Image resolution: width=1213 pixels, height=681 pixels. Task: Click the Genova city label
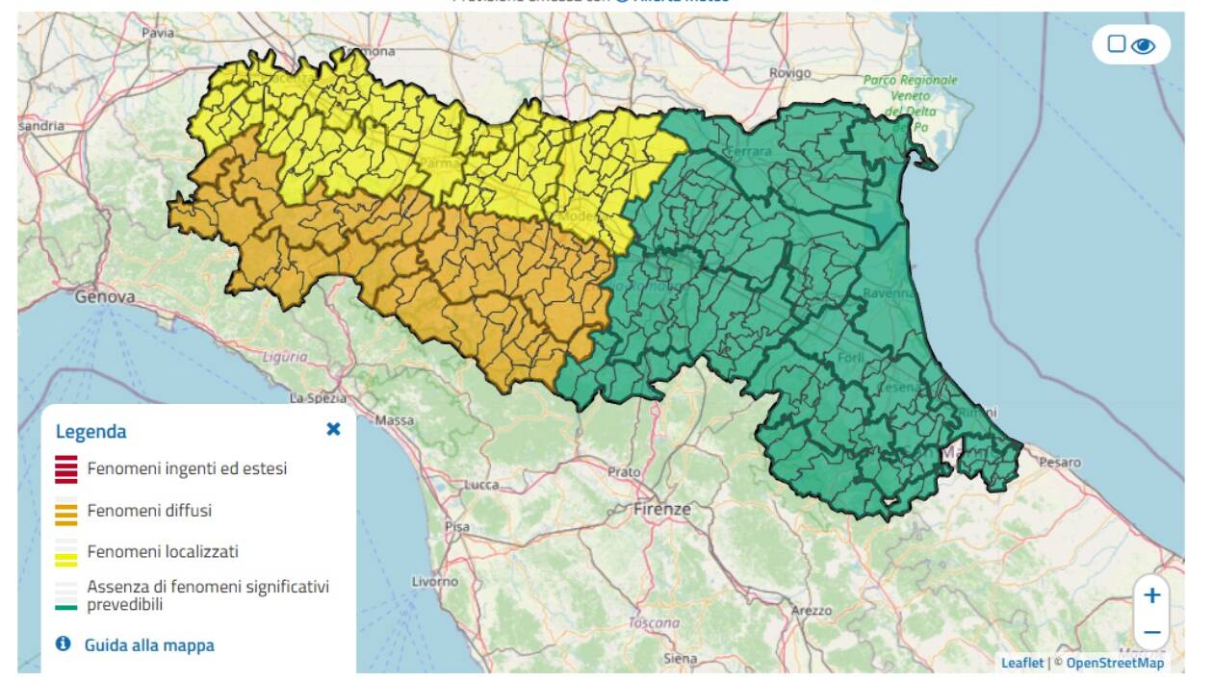tap(105, 297)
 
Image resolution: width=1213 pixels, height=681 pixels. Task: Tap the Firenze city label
tap(662, 509)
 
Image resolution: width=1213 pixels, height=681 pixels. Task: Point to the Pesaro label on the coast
tap(1060, 463)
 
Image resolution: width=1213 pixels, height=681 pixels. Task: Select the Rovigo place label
tap(790, 73)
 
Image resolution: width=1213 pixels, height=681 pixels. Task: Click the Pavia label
tap(158, 32)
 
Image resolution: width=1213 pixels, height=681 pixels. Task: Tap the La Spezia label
tap(311, 397)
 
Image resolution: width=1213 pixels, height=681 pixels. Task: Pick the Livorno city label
tap(435, 582)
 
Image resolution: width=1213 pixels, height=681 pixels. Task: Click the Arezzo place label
tap(811, 610)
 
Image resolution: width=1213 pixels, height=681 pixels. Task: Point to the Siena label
tap(680, 658)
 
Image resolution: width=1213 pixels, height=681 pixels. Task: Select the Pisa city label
tap(457, 527)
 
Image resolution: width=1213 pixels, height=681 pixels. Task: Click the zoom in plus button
tap(1151, 595)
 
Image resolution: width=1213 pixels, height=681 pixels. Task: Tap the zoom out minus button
tap(1151, 632)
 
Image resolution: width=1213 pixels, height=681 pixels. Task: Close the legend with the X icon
tap(333, 429)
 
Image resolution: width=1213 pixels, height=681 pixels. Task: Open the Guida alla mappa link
tap(149, 645)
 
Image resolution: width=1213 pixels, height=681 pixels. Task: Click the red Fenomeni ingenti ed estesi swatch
tap(66, 469)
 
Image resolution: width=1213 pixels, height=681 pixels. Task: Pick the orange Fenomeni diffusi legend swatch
tap(66, 511)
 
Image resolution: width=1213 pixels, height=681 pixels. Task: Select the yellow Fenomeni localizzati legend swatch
tap(66, 553)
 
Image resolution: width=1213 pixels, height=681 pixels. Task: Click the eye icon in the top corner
tap(1143, 45)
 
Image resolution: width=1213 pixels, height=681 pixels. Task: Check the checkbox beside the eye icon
tap(1116, 44)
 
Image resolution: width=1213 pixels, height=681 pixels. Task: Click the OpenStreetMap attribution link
tap(1114, 663)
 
